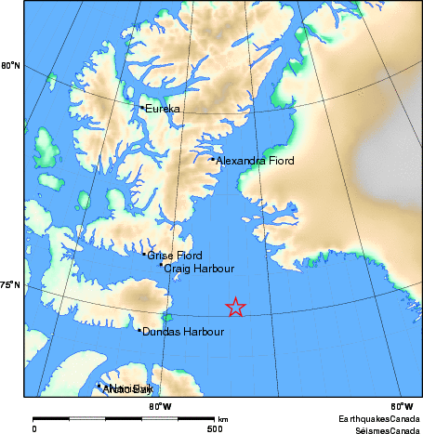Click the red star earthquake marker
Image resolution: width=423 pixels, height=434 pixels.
236,308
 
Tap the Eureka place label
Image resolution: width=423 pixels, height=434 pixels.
163,110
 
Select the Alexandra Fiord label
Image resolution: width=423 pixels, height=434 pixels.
255,161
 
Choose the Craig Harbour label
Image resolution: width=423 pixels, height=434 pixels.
199,269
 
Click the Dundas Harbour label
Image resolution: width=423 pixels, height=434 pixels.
183,332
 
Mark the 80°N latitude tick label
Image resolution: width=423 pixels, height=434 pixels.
10,65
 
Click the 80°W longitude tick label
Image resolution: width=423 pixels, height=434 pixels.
159,406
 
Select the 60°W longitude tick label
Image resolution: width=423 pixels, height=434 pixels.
402,406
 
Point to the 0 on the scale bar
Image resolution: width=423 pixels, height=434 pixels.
34,429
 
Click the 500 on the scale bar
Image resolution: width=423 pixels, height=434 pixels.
215,429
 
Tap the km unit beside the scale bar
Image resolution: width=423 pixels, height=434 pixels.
223,419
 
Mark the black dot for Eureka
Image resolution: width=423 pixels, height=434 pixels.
141,108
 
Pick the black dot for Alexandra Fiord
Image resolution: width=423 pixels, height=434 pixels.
213,159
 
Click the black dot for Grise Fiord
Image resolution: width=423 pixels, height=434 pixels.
144,254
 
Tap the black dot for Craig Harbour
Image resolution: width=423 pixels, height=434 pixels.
161,265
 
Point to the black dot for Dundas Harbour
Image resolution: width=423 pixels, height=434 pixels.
139,330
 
